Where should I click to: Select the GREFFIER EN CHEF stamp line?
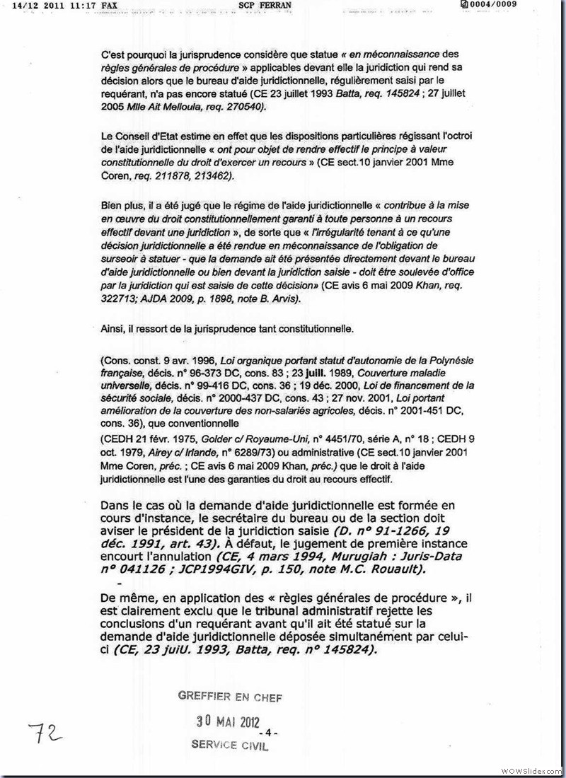click(x=231, y=697)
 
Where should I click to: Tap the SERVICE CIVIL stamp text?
click(x=230, y=745)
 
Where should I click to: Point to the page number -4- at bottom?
click(x=271, y=731)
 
